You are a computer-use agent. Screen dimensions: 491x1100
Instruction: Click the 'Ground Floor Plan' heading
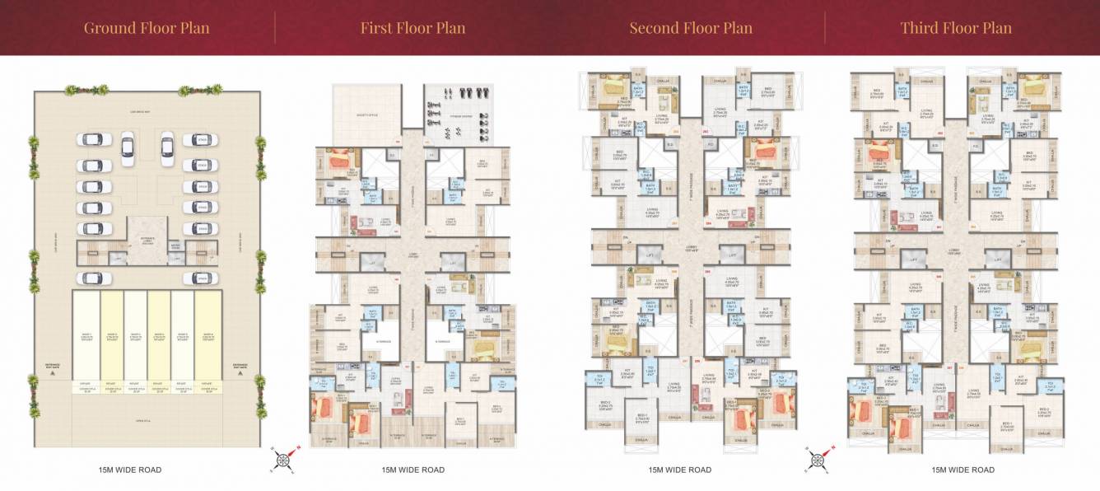coord(147,28)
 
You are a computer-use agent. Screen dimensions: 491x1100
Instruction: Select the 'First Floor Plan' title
coord(412,28)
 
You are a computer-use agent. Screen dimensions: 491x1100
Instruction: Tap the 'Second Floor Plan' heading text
coord(690,28)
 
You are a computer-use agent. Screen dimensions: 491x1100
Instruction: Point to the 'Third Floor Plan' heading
coord(955,28)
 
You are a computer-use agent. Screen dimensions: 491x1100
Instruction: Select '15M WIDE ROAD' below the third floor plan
coord(962,470)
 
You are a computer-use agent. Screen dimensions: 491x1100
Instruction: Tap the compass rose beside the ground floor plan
coord(281,461)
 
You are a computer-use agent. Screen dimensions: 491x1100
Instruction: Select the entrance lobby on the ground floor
coord(146,238)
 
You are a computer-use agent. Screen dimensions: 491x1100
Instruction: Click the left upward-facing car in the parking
coord(127,147)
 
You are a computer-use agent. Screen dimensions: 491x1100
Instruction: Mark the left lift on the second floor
coord(651,257)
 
